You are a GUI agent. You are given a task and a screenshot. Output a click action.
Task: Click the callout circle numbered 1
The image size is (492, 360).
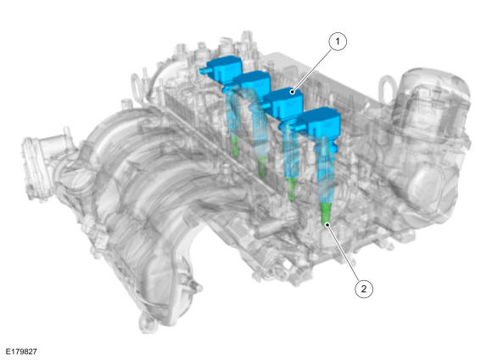pyautogui.click(x=338, y=42)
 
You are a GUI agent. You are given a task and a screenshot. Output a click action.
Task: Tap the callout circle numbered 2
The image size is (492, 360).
pyautogui.click(x=364, y=289)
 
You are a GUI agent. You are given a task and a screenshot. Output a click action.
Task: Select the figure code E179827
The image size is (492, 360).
pyautogui.click(x=21, y=352)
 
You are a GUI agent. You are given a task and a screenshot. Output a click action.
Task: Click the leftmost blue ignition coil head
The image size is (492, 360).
pyautogui.click(x=224, y=69)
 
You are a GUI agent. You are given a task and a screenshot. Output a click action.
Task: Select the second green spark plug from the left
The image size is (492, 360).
pyautogui.click(x=262, y=166)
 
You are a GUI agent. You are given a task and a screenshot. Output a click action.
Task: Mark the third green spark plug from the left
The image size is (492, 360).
pyautogui.click(x=292, y=189)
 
